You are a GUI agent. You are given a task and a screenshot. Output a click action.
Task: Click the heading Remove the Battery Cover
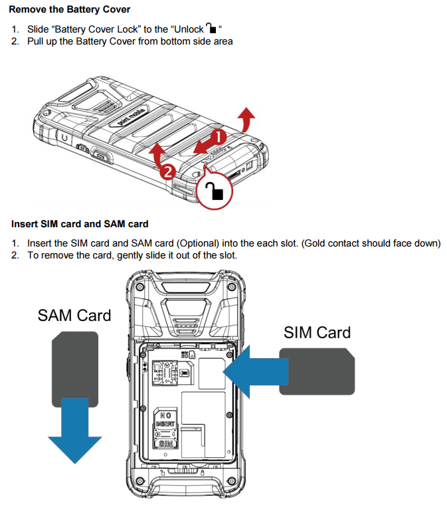coord(70,9)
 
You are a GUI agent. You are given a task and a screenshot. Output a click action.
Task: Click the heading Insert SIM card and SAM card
coord(80,224)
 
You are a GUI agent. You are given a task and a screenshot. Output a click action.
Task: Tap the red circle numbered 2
coord(168,171)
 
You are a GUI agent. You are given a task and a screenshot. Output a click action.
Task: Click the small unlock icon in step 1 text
coord(211,29)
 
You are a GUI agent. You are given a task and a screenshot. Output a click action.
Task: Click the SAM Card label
coord(74,315)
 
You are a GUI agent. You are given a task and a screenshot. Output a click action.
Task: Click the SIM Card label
coord(317,332)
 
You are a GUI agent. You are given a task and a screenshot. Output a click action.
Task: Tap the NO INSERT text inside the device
coord(165,419)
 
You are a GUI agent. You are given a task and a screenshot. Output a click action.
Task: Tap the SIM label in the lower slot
coord(165,441)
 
